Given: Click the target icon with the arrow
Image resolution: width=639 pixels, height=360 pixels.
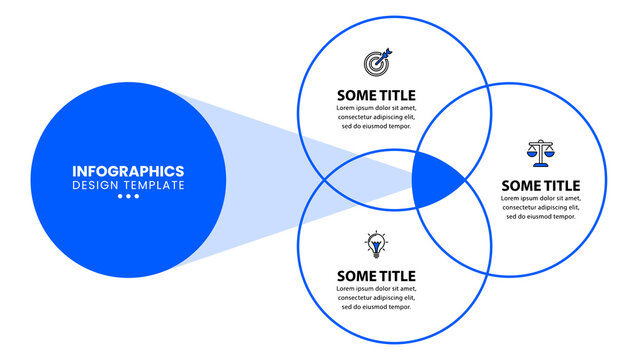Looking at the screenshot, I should (x=379, y=62).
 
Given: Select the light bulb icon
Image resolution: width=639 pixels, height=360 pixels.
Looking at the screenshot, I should (x=376, y=244).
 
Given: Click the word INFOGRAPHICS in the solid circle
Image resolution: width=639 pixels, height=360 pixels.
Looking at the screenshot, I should (x=128, y=170).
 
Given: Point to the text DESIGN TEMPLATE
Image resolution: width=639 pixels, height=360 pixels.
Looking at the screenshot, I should (x=128, y=185).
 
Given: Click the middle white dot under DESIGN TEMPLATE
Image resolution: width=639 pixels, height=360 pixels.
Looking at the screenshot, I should (x=128, y=197).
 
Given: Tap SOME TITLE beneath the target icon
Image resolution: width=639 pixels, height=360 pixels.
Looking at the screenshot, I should (x=376, y=94).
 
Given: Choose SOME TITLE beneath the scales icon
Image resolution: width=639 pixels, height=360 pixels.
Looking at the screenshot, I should (x=540, y=185).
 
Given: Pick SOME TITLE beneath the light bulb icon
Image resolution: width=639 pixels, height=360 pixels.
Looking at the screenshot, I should (x=376, y=276).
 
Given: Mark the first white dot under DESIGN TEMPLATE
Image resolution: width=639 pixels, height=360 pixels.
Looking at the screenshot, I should (x=120, y=197).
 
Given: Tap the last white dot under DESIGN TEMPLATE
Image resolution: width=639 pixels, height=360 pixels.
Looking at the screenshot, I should (x=136, y=197).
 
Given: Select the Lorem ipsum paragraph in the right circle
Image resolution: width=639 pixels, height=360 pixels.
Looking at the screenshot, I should (x=540, y=207).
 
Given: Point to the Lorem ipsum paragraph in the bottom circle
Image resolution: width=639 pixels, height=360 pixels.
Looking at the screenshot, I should (x=376, y=298).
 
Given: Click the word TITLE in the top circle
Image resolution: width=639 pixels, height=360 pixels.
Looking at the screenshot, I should (x=396, y=94).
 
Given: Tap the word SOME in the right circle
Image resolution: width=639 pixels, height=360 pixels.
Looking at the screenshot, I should (x=520, y=185).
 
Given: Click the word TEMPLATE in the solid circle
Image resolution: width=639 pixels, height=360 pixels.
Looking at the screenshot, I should (x=152, y=185).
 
